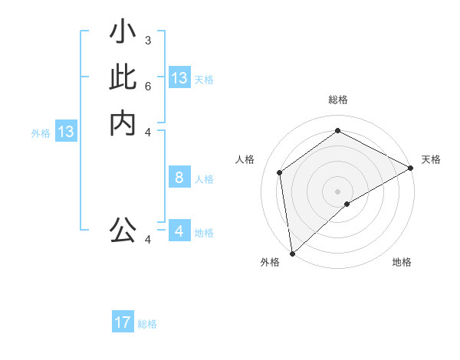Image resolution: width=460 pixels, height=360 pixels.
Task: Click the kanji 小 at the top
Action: [123, 33]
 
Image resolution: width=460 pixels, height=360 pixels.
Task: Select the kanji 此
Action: [123, 79]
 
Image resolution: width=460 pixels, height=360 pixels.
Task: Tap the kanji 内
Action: [123, 123]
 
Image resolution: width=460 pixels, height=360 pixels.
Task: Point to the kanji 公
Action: [123, 230]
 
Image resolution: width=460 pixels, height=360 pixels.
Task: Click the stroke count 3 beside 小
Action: [147, 40]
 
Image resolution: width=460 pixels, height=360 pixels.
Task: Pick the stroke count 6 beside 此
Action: [147, 86]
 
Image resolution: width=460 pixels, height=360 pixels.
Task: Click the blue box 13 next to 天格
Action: [179, 78]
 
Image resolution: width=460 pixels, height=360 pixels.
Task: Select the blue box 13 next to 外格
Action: [66, 132]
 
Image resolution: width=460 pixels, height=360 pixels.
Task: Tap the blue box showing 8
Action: [179, 178]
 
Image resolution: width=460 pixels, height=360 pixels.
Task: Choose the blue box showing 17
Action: [123, 322]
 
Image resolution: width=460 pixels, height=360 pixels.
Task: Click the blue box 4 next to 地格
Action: [179, 231]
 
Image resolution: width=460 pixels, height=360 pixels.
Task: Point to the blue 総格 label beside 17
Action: [147, 324]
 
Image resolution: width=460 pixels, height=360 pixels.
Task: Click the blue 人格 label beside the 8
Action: [204, 179]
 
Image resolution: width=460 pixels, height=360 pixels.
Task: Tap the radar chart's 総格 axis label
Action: [337, 100]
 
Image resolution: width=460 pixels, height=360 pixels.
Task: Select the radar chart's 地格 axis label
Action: [402, 262]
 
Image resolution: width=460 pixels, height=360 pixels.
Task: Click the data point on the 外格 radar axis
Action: [292, 253]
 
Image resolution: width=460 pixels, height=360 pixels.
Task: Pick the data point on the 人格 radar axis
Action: [280, 172]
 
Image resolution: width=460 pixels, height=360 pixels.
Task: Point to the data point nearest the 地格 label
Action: [347, 204]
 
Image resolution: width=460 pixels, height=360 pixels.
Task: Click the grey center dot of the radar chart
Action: [337, 191]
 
